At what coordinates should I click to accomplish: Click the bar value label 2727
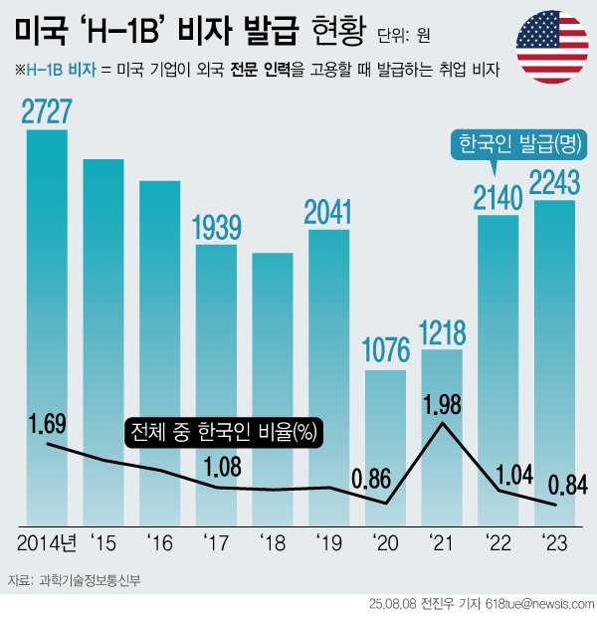47,112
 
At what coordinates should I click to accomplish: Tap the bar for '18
273,388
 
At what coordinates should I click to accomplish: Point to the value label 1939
216,228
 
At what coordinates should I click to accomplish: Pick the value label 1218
442,330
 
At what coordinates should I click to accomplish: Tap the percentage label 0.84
568,485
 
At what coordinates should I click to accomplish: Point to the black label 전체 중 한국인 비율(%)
227,433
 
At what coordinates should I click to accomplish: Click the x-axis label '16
159,542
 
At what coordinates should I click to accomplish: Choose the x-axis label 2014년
47,542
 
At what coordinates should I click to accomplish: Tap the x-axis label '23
554,542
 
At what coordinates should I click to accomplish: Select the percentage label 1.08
217,466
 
